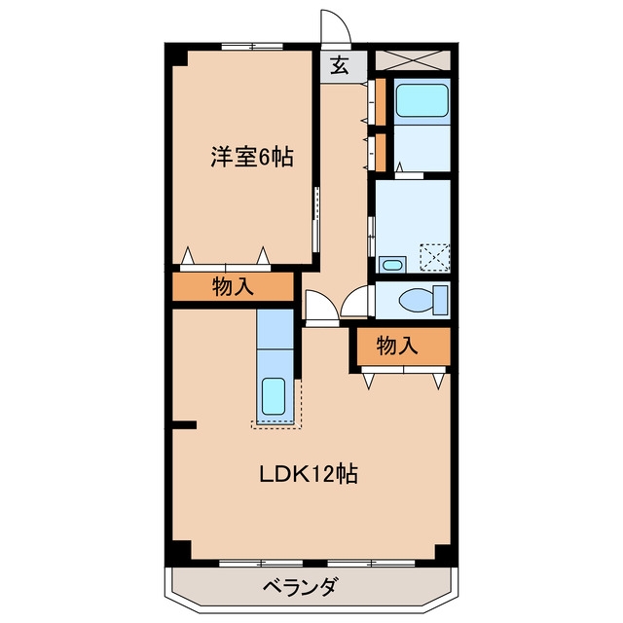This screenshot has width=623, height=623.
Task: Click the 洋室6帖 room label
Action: coord(252,157)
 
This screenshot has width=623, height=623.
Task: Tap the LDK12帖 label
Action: coord(309,474)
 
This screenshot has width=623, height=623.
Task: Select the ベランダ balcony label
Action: coord(301,586)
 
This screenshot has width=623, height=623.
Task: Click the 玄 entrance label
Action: coord(340,66)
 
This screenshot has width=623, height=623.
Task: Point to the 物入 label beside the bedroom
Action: coord(233,286)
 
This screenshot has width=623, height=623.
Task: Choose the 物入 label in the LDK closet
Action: coord(397,346)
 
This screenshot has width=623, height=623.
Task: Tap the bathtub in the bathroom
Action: coord(421,100)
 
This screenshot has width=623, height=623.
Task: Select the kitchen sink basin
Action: coord(274,396)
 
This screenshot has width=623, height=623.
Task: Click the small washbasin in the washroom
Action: coord(392,265)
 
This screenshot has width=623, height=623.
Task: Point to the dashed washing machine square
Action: coord(435,258)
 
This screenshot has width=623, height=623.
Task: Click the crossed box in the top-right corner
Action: coord(413,60)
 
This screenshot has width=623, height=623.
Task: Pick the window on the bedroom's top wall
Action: coord(252,46)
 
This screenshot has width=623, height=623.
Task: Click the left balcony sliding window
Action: coord(261,563)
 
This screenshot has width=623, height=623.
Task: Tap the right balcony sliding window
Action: coord(371,563)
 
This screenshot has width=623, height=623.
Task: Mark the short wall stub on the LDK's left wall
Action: coord(184,424)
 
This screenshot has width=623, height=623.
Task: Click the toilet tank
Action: coord(441,300)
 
